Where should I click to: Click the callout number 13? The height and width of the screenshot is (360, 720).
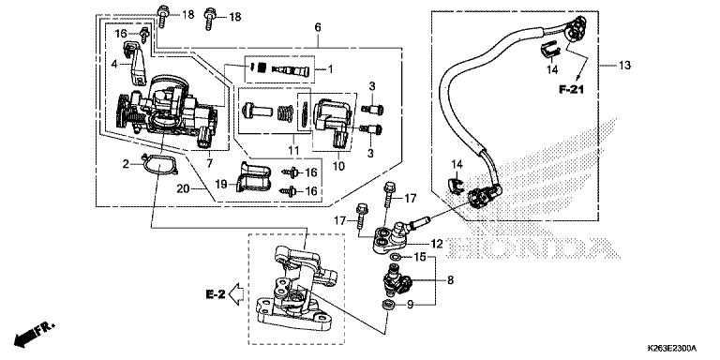pos(624,66)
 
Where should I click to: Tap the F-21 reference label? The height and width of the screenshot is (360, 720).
pos(571,90)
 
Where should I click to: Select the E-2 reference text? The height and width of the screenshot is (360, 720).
pos(216,294)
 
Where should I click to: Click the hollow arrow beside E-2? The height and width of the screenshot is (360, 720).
pos(236,293)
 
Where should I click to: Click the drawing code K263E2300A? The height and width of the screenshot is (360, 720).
pos(672,348)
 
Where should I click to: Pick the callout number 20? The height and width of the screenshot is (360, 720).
pos(183,188)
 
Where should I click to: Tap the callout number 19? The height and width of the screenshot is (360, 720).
pos(222,184)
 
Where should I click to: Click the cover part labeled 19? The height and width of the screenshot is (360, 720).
pos(253,176)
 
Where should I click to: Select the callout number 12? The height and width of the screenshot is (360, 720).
pos(437,244)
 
